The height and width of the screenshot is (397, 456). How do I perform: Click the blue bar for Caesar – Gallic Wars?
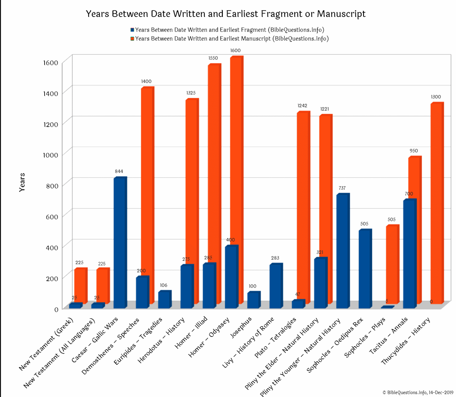point(119,243)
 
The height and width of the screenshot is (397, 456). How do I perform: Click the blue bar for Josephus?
point(253,300)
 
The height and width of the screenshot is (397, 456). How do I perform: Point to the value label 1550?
point(213,58)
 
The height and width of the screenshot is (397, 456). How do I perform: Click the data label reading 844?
point(119,172)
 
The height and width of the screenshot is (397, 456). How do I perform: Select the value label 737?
point(342,188)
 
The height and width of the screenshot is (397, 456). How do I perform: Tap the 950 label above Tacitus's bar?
point(414,151)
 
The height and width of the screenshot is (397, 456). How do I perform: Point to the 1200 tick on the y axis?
point(51,124)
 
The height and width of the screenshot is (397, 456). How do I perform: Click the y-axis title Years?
point(22,182)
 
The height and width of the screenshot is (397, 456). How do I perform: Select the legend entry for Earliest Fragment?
point(227,30)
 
